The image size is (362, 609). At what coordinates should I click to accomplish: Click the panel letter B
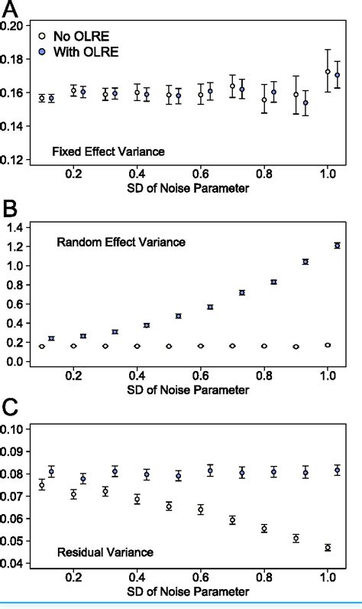11,209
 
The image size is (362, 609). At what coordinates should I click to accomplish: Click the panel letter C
11,409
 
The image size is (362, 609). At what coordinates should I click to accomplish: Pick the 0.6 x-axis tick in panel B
200,376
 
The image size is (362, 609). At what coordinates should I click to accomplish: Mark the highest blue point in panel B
337,246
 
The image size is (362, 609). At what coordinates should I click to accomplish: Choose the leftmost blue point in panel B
52,338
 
